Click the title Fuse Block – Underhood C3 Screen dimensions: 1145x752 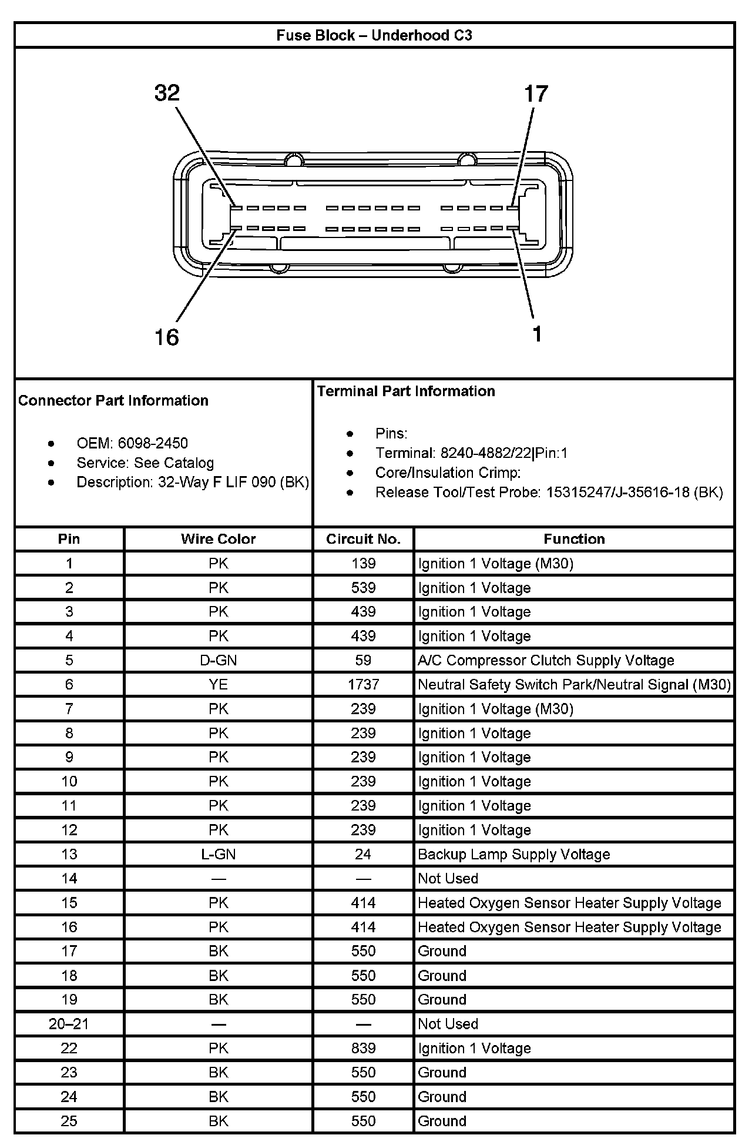tap(374, 35)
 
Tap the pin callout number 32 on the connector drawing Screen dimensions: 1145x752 tap(167, 93)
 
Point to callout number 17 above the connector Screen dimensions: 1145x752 tap(535, 93)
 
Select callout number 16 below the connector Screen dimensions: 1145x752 tap(166, 337)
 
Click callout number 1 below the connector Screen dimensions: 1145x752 tap(537, 334)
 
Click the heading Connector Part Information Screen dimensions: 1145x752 tap(113, 400)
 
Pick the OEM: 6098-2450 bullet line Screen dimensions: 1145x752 tap(132, 443)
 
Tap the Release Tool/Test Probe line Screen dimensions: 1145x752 tap(549, 492)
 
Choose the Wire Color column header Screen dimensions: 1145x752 tap(218, 539)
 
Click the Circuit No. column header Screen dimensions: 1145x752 tap(363, 539)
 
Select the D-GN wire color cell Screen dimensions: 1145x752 tap(218, 660)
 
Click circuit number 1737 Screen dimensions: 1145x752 tap(363, 684)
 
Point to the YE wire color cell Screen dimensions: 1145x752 tap(218, 684)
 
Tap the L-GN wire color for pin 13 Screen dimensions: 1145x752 tap(218, 854)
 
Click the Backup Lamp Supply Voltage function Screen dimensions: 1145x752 tap(513, 854)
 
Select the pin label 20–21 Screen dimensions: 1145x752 tap(69, 1024)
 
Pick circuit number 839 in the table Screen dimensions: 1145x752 tap(363, 1048)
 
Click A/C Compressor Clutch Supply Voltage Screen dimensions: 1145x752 tap(546, 660)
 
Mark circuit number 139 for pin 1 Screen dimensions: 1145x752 tap(363, 563)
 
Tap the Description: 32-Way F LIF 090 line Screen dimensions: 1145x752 tap(193, 482)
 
